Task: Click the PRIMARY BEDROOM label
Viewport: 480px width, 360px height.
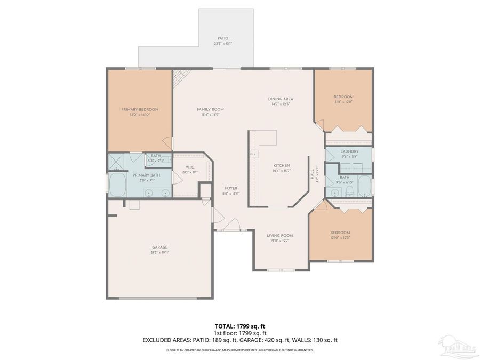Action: [x=140, y=109]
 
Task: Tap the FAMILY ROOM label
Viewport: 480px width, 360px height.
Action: [x=210, y=109]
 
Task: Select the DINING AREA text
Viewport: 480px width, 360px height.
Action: [x=281, y=99]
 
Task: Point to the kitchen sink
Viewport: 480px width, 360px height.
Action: [x=254, y=154]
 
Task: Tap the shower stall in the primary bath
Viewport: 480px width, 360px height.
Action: [x=116, y=159]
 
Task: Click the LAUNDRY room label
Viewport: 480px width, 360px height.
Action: [x=349, y=151]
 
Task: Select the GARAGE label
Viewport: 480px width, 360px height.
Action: [x=159, y=247]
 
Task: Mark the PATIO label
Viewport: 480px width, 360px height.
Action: [x=222, y=38]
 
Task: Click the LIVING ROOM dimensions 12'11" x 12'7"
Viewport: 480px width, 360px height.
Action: [x=280, y=241]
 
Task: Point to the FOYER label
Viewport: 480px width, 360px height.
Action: [x=230, y=188]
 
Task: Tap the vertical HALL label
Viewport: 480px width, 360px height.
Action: [x=313, y=173]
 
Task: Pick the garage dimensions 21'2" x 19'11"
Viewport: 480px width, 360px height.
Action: [x=159, y=253]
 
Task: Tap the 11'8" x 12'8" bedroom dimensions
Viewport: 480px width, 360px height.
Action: [x=343, y=102]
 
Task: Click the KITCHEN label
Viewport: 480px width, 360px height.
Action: [x=282, y=165]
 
